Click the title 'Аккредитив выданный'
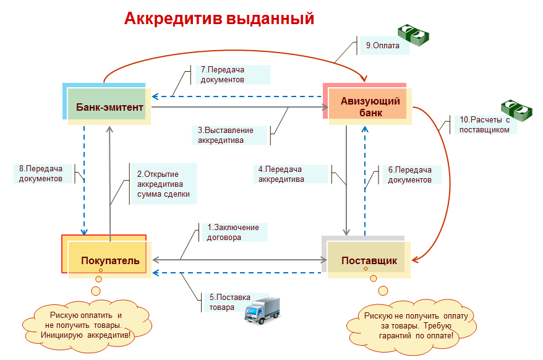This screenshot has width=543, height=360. click(x=219, y=19)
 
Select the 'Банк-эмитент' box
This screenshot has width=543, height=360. click(x=109, y=108)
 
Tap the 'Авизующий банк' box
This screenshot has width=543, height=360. click(x=370, y=106)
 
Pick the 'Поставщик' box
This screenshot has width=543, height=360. click(x=369, y=260)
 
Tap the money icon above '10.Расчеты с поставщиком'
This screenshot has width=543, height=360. click(x=516, y=111)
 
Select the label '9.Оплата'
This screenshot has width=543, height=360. click(x=383, y=46)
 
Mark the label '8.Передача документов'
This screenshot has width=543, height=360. click(x=41, y=174)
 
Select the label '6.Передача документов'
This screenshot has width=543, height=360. click(x=409, y=174)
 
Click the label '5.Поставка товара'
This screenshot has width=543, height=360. click(x=223, y=302)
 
